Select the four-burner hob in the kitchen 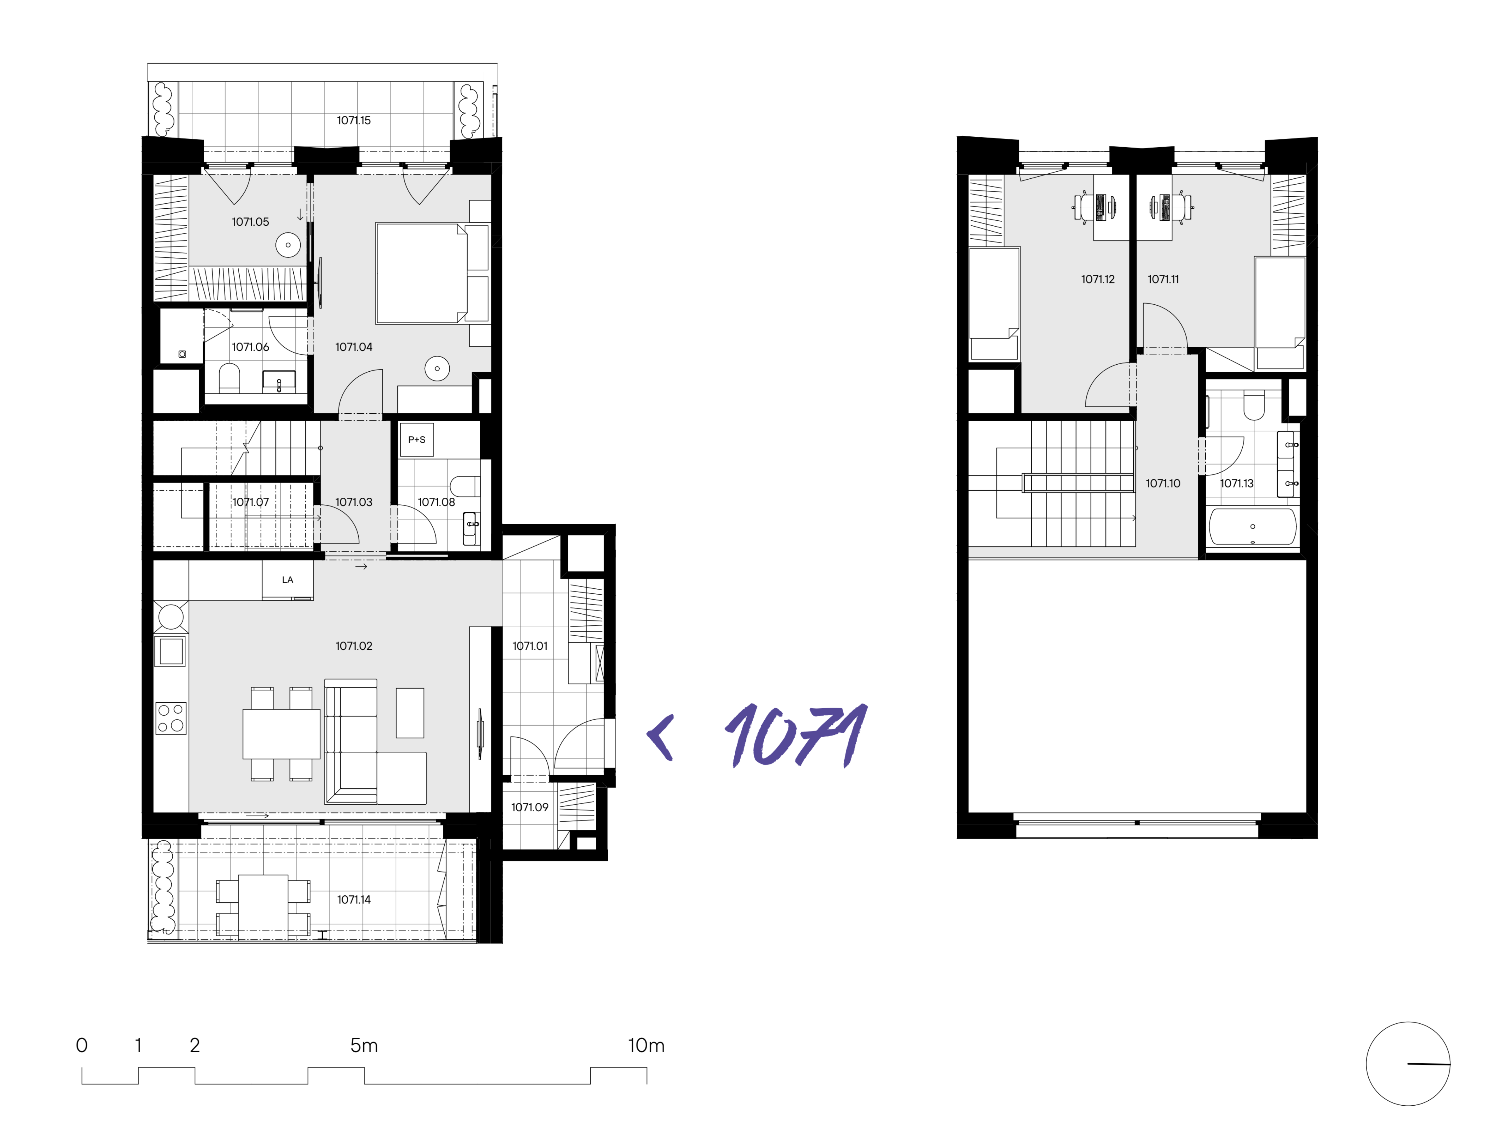(x=171, y=718)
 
